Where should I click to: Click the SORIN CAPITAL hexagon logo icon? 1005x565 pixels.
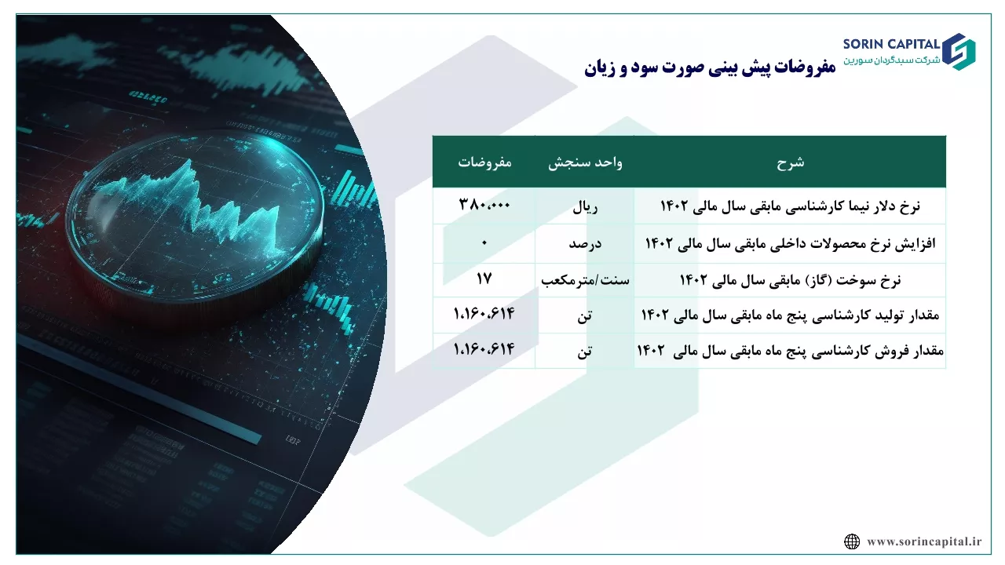[959, 52]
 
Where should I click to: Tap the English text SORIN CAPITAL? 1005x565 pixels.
[891, 44]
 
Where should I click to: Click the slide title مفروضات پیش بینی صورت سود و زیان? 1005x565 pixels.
[710, 67]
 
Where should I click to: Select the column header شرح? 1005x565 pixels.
[790, 162]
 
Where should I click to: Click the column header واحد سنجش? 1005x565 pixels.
[585, 162]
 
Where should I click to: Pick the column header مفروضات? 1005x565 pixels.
[484, 162]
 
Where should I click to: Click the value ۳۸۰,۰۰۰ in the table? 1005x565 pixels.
[484, 205]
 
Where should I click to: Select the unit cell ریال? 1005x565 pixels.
[585, 207]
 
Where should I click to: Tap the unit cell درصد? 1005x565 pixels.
[585, 244]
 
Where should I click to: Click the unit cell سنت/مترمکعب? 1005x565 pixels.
[585, 280]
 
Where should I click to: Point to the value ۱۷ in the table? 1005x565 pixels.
[484, 279]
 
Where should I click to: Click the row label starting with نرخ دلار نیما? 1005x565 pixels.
[790, 206]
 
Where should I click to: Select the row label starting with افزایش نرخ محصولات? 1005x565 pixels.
[790, 243]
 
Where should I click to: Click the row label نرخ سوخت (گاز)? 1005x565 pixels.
[790, 280]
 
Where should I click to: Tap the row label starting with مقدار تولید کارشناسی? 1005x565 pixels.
[790, 315]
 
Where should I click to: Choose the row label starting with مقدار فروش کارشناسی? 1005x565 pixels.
[790, 351]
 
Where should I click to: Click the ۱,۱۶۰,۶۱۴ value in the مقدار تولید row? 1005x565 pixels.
[484, 313]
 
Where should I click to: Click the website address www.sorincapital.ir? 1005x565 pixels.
[924, 541]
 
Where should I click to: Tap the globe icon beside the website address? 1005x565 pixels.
[852, 541]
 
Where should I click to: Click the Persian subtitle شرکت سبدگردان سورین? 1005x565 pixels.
[891, 60]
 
